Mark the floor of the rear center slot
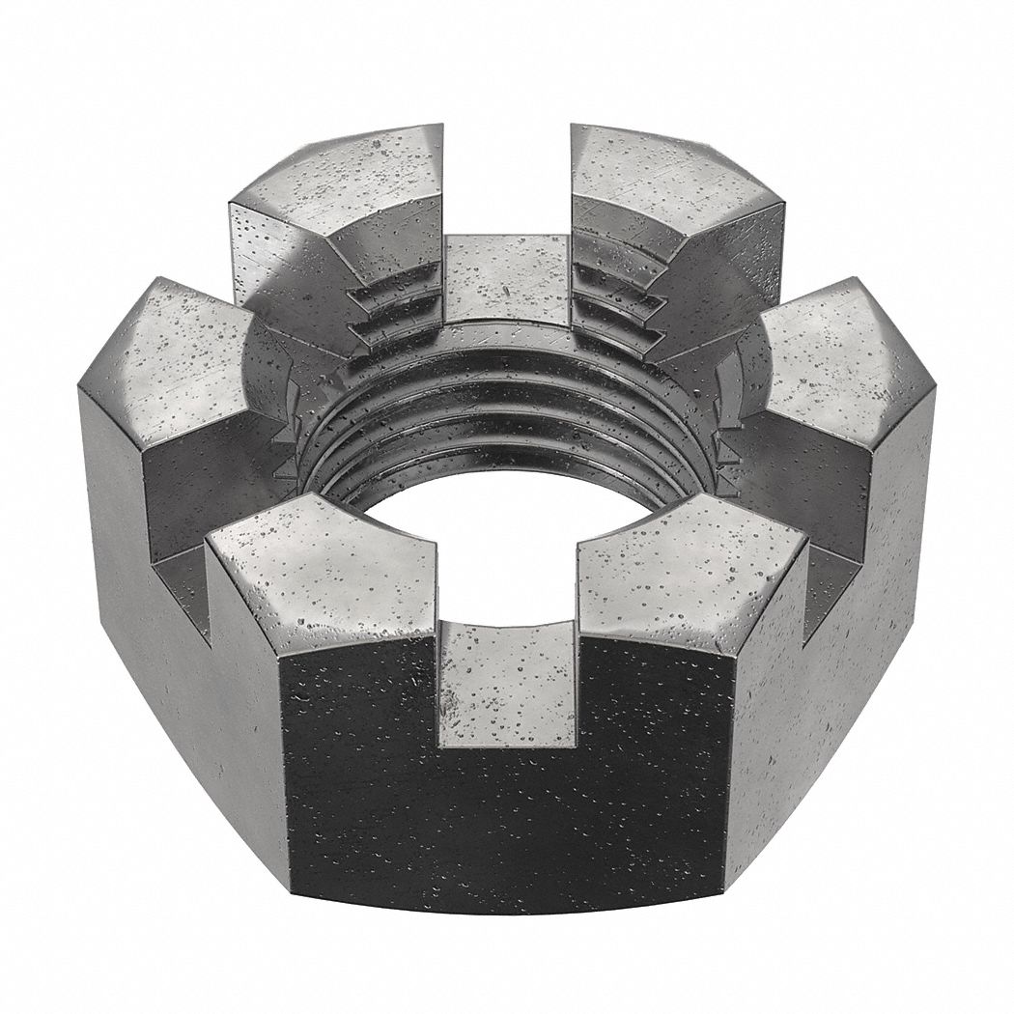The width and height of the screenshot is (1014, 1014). [507, 280]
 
